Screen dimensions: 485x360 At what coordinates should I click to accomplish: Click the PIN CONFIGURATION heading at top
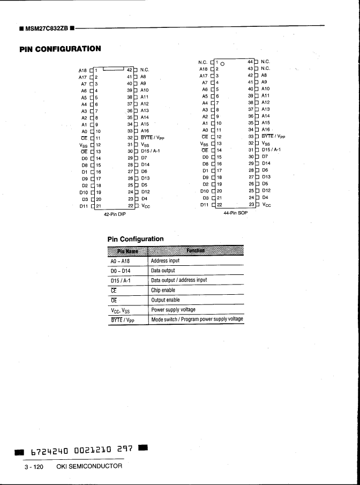click(x=60, y=49)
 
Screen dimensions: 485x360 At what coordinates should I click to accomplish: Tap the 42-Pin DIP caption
click(x=114, y=214)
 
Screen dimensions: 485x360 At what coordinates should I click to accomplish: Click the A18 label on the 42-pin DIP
click(x=82, y=70)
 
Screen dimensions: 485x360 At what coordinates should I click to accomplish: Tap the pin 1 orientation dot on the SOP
click(x=223, y=64)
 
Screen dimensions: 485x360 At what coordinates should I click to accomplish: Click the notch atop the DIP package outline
click(x=113, y=68)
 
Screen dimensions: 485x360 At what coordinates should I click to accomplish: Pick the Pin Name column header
click(x=127, y=251)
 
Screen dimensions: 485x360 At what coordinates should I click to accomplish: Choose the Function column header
click(x=196, y=251)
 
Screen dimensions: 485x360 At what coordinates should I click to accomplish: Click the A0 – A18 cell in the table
click(x=121, y=261)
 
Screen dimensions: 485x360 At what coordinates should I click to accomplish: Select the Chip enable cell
click(x=163, y=290)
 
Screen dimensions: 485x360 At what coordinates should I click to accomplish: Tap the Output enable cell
click(x=165, y=300)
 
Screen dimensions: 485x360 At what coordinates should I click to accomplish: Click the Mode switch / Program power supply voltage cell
click(x=197, y=319)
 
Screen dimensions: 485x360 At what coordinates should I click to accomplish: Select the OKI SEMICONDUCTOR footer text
click(x=89, y=466)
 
